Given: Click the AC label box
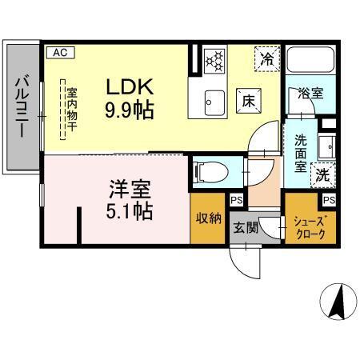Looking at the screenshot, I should coord(59,53).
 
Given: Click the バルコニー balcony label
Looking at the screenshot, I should coord(22,105).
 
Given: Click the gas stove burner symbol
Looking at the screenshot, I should coord(214,60).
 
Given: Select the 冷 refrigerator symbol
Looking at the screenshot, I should coord(266,58).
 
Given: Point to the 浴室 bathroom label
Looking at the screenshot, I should coord(311,93).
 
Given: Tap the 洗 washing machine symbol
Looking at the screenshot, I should coord(323,173).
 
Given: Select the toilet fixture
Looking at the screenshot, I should coord(207,170).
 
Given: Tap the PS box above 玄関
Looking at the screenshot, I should coord(238,201).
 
